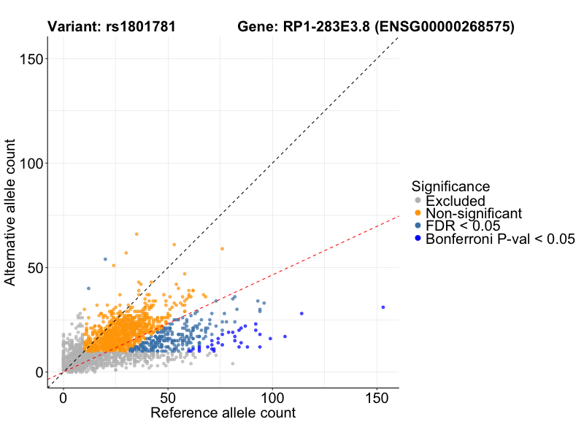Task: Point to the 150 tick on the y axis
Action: pos(30,59)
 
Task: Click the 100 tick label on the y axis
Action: pos(30,164)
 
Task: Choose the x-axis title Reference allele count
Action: pos(223,413)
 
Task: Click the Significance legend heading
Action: pos(450,186)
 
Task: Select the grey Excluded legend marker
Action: pos(417,201)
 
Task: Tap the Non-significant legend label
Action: pos(474,213)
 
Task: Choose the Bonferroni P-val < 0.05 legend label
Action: pos(501,239)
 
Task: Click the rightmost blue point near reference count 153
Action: pos(383,307)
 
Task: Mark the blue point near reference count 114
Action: pos(301,314)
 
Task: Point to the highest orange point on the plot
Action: pos(137,234)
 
